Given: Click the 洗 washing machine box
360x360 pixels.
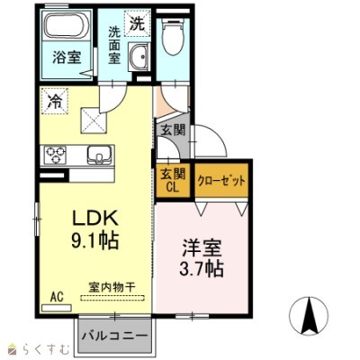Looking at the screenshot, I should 137,23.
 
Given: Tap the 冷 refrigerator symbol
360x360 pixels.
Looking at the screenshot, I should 54,102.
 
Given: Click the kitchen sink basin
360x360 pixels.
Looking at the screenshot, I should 99,155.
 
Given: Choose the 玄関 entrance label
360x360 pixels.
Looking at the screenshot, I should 173,129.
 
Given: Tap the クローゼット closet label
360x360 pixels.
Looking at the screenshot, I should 221,179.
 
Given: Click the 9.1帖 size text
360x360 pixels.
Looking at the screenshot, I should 91,241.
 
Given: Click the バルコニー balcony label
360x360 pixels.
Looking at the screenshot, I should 115,337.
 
